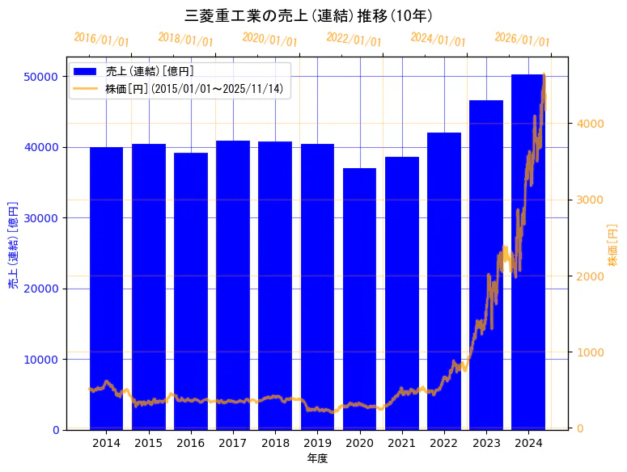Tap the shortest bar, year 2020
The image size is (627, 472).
[359, 298]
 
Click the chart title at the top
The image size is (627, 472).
[314, 16]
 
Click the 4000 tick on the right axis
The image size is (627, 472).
[590, 124]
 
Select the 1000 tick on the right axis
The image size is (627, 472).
[590, 352]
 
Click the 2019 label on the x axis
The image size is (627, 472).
[317, 443]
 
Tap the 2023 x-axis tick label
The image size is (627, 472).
[485, 443]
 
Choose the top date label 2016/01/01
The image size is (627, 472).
[101, 38]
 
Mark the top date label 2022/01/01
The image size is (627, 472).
[354, 38]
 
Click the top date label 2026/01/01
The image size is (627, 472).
[522, 38]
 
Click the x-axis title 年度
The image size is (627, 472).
[317, 458]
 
